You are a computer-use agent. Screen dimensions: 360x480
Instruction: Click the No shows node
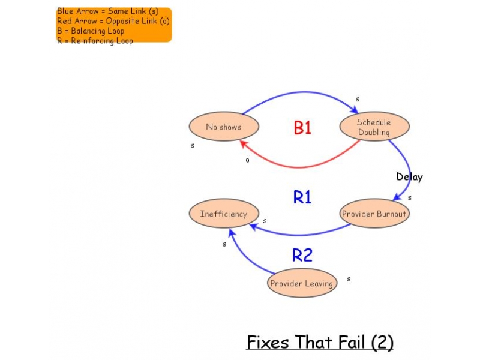224,127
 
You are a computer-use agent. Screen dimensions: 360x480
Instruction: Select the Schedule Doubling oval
374,127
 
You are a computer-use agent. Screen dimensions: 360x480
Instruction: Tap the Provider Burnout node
374,214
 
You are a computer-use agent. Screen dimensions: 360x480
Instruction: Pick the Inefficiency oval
223,214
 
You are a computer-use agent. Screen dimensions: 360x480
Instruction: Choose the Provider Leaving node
301,283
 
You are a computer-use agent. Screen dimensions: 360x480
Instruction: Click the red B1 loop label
302,128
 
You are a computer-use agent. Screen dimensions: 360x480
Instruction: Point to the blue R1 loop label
302,197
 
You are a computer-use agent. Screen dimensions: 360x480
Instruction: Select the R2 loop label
302,255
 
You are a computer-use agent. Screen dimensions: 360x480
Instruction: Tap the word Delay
409,177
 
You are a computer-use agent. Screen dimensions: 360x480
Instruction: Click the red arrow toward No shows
300,166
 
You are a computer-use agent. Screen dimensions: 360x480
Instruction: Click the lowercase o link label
247,160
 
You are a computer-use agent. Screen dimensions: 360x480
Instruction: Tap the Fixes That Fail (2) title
320,343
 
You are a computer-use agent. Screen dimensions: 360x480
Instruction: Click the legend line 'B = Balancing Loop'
91,31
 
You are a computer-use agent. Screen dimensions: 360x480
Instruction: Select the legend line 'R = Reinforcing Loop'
95,40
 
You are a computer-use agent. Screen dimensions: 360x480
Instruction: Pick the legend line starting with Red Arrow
113,21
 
